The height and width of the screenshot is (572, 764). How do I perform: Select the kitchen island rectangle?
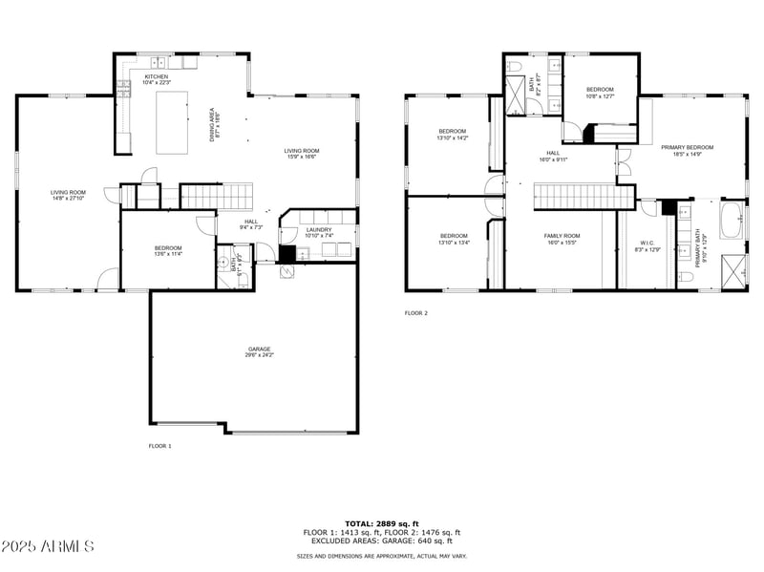172,122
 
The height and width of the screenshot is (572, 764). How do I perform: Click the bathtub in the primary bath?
732,220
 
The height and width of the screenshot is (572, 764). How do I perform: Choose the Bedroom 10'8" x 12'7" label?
600,92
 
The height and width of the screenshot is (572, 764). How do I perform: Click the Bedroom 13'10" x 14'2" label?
453,134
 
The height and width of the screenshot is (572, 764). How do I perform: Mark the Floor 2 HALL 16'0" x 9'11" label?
553,156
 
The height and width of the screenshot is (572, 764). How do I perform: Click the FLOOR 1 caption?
159,446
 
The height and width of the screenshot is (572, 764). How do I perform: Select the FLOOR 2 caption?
415,312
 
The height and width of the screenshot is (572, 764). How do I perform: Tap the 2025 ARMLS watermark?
48,547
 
